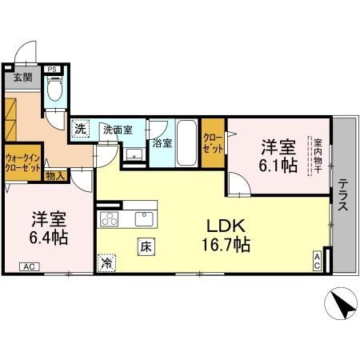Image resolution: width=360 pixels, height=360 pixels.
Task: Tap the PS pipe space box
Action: coord(51,70)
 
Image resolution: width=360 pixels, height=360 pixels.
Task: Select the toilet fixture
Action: coord(54,93)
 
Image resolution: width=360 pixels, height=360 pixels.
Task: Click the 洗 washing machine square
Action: coord(80,128)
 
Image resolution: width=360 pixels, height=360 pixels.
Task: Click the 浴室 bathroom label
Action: coord(162,144)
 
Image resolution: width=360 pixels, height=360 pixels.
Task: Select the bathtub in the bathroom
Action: coord(186,142)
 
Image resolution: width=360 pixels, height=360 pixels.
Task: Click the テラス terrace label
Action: coord(343,194)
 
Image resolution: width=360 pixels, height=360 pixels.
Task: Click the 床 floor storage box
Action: coord(146,247)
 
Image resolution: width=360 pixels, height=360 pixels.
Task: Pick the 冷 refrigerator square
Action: coord(106,261)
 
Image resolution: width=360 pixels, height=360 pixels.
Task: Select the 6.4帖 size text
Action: coord(50,238)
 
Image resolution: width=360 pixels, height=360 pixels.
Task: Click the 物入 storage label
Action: coord(55,175)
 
